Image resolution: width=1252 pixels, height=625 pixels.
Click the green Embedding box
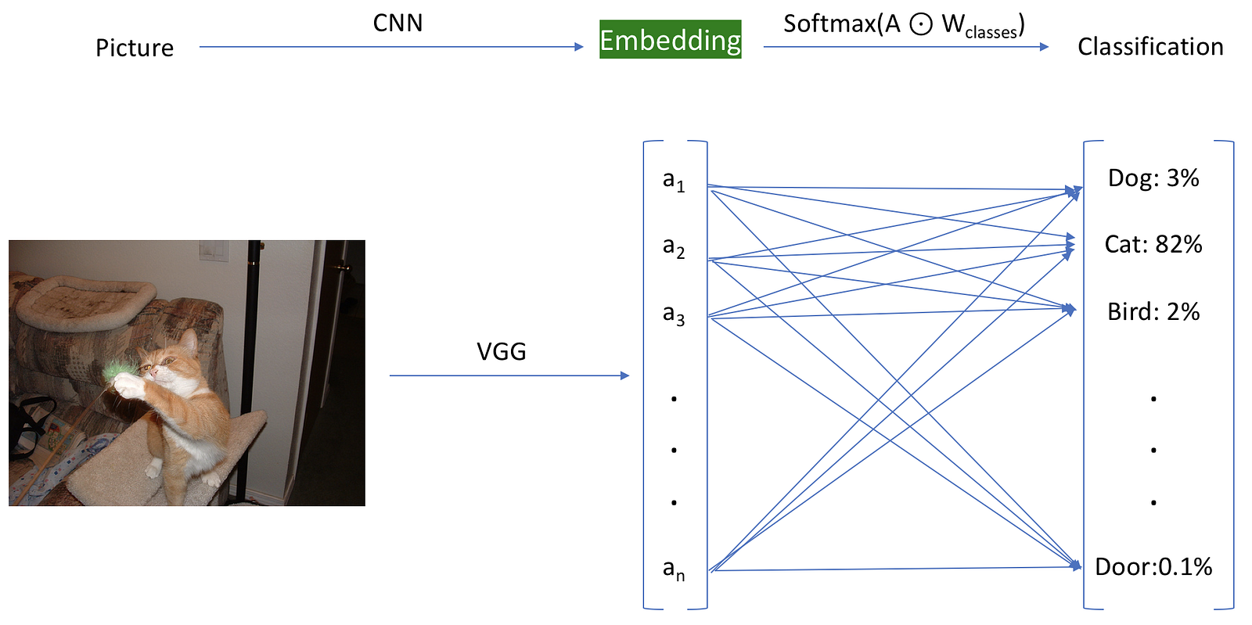click(x=670, y=40)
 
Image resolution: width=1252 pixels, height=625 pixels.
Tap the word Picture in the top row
click(x=135, y=48)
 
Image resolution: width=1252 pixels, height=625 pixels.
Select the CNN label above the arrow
click(x=398, y=23)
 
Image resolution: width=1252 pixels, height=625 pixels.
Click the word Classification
click(x=1149, y=47)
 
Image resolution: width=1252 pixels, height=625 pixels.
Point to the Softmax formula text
click(x=903, y=25)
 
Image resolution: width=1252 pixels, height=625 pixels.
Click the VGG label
click(x=501, y=351)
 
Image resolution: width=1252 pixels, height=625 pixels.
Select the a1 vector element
click(x=673, y=181)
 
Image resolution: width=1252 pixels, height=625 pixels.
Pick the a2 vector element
click(x=673, y=247)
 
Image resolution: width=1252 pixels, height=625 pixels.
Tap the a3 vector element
click(x=673, y=314)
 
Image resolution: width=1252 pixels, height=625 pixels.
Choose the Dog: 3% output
click(x=1153, y=178)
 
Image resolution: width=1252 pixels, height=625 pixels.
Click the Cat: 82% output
click(x=1153, y=245)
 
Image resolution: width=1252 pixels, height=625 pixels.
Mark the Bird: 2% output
click(x=1153, y=312)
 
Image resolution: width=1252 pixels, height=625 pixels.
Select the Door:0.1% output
click(x=1153, y=567)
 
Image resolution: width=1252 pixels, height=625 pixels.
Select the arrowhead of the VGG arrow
click(x=624, y=375)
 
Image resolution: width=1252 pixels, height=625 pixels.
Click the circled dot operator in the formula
click(x=921, y=25)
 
